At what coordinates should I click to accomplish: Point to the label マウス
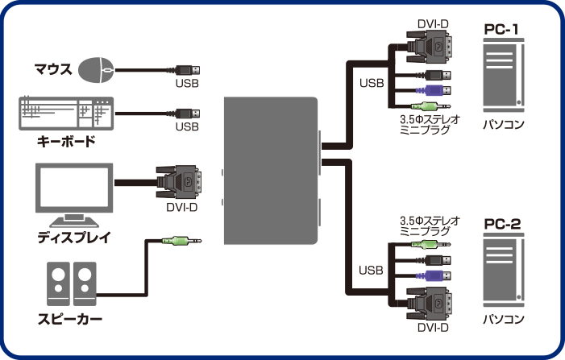(x=53, y=70)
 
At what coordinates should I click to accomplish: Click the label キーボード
(x=66, y=143)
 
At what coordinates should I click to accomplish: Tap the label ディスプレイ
(x=73, y=238)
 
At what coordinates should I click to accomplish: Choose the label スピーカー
(x=70, y=318)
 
